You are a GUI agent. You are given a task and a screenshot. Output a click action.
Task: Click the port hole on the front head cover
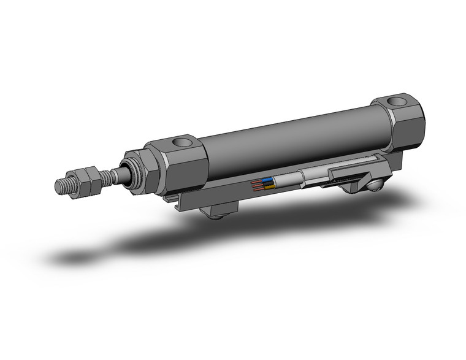pos(182,143)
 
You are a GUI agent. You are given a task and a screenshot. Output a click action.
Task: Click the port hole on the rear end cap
pos(397,101)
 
